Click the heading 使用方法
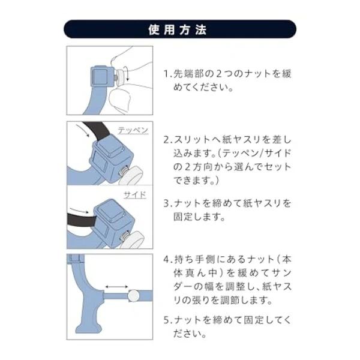click(x=178, y=29)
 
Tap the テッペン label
click(x=133, y=130)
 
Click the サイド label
click(x=135, y=195)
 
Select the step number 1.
click(x=166, y=74)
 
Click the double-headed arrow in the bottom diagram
click(x=116, y=287)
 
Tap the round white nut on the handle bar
click(x=133, y=296)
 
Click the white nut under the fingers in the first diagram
click(x=121, y=78)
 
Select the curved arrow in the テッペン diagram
click(x=83, y=129)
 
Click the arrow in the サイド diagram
click(x=79, y=211)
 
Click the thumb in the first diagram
click(x=119, y=99)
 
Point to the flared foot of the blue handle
click(x=88, y=328)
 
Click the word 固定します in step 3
click(x=199, y=217)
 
